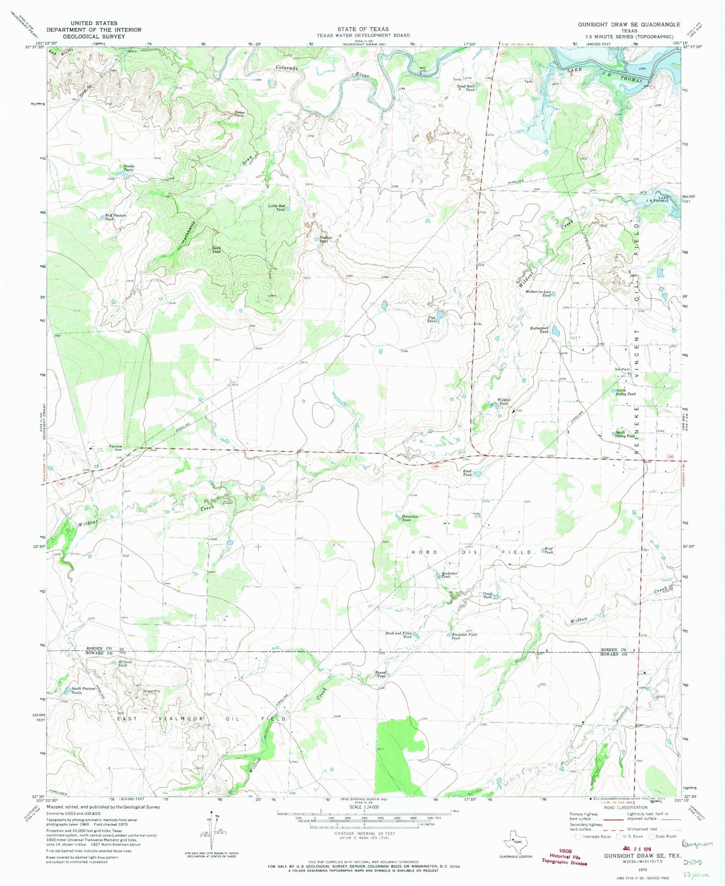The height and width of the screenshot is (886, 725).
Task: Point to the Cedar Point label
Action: pos(240,114)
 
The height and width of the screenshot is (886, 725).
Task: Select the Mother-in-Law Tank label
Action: pos(539,293)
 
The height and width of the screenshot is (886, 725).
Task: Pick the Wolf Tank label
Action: pos(549,550)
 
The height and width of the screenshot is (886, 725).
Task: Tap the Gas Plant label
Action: pos(622,369)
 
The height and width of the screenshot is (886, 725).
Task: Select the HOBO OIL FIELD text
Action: pos(471,552)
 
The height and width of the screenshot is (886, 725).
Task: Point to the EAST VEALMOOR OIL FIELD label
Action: pos(201,719)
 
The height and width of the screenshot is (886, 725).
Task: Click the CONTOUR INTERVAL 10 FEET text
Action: pos(364,833)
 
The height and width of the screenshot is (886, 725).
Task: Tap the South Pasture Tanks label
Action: pos(83,690)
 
